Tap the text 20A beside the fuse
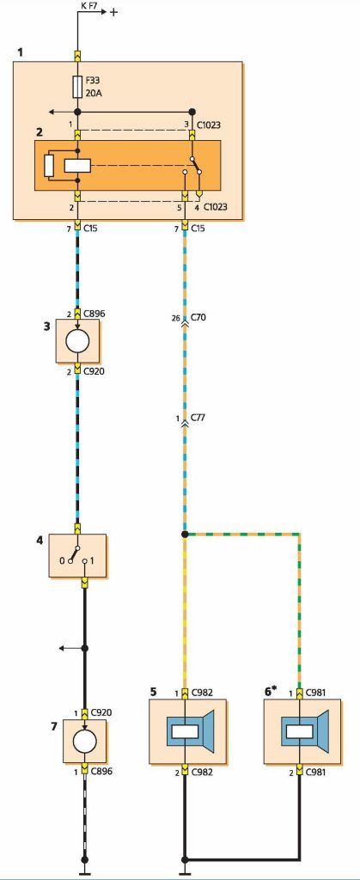point(95,92)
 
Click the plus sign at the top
point(113,12)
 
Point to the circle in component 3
point(78,341)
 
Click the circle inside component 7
point(85,742)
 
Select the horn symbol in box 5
point(189,731)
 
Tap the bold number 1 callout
point(21,52)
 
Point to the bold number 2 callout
point(40,133)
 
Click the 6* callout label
point(271,692)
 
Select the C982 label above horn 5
point(203,693)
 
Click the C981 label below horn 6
point(317,773)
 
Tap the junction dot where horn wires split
point(185,534)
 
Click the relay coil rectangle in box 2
point(77,166)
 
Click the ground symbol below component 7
point(85,873)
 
